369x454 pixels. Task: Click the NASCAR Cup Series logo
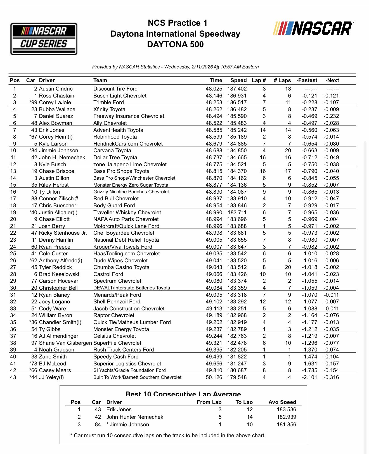(44, 39)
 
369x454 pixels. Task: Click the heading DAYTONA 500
(175, 44)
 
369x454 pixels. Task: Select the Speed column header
(238, 80)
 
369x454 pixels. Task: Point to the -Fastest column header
(307, 80)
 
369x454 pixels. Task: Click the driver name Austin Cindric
(56, 89)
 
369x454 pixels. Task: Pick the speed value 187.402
(237, 89)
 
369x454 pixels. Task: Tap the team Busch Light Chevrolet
(120, 96)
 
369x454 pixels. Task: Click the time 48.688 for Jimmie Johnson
(214, 151)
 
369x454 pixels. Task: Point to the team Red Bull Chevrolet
(116, 199)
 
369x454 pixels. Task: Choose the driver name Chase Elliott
(54, 219)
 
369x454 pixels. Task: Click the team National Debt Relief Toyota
(126, 240)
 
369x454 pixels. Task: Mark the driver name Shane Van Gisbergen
(65, 343)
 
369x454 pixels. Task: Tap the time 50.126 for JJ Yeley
(214, 377)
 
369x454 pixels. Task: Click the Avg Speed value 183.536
(286, 410)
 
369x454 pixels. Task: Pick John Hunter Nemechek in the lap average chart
(134, 417)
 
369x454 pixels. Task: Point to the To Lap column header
(244, 402)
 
